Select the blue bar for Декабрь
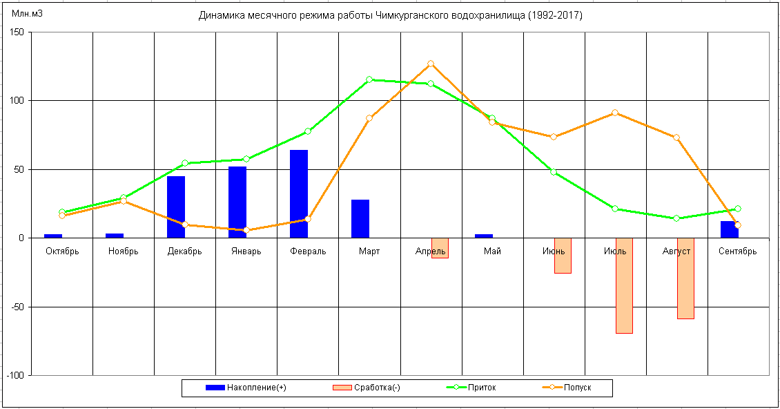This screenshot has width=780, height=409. click(x=176, y=207)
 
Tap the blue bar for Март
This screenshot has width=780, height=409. click(x=360, y=218)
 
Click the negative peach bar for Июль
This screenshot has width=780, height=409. click(x=624, y=285)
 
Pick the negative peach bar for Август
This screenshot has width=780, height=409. click(x=685, y=278)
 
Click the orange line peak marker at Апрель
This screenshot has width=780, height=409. click(x=431, y=64)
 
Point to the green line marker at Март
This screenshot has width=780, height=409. click(x=369, y=79)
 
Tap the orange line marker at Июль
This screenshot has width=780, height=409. click(x=615, y=113)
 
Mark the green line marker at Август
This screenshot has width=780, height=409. click(x=676, y=218)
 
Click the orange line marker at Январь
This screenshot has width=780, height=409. click(x=246, y=230)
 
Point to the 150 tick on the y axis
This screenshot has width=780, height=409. click(x=17, y=32)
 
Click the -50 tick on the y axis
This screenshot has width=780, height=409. click(x=17, y=307)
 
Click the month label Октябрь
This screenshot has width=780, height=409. click(x=62, y=251)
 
